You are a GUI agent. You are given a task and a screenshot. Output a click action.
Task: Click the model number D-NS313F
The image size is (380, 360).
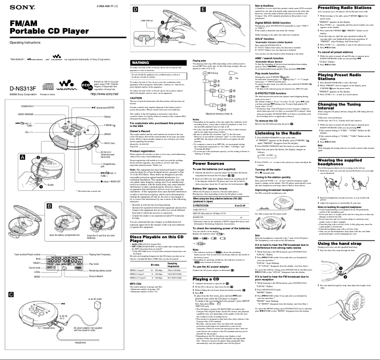click(18, 88)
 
